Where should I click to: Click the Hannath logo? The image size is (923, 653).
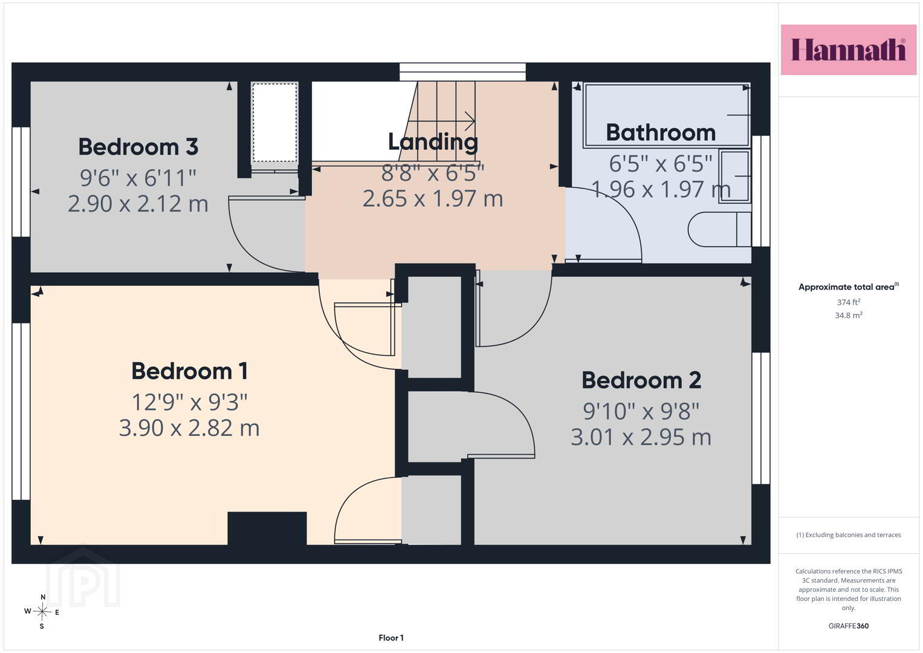click(849, 50)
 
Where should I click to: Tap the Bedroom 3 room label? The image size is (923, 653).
click(138, 147)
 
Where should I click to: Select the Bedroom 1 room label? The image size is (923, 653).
click(190, 371)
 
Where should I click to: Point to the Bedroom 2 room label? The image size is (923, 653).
click(641, 380)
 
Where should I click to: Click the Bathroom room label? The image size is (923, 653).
click(661, 133)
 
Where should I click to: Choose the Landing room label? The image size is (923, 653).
click(433, 143)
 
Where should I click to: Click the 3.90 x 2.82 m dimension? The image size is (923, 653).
click(189, 428)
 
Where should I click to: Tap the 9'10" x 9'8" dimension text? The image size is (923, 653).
click(641, 411)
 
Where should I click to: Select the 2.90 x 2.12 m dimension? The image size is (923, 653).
click(138, 204)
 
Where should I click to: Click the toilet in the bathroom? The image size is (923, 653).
click(719, 230)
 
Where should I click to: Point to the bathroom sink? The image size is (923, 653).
click(735, 177)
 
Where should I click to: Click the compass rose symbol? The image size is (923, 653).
click(42, 612)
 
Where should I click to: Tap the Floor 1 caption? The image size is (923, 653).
click(391, 638)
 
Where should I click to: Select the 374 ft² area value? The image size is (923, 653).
click(849, 302)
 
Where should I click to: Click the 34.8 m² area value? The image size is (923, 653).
click(849, 316)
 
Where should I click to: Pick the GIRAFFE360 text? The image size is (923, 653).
click(849, 626)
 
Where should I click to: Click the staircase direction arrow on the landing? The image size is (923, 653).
click(439, 121)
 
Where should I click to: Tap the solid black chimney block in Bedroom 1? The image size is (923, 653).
click(267, 528)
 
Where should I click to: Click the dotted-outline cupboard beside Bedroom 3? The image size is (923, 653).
click(275, 122)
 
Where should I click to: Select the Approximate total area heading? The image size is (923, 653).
click(849, 287)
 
